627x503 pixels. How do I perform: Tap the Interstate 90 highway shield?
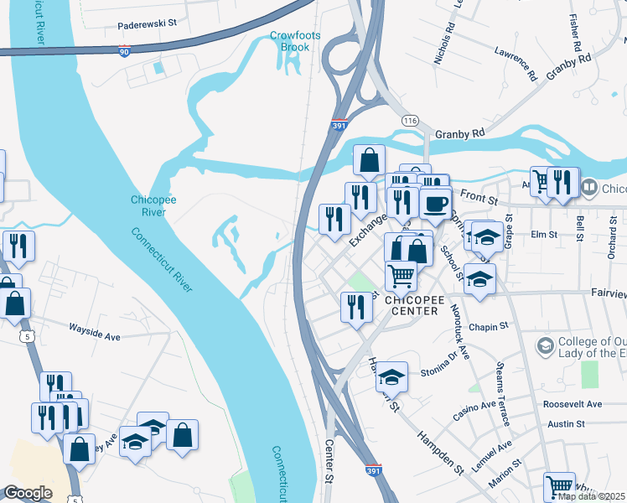(124, 51)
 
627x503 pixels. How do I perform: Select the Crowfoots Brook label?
(290, 41)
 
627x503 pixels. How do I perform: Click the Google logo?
(28, 493)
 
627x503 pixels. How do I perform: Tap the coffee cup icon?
(435, 203)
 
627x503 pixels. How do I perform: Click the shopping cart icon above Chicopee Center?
(402, 275)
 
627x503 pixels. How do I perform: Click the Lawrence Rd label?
(516, 61)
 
